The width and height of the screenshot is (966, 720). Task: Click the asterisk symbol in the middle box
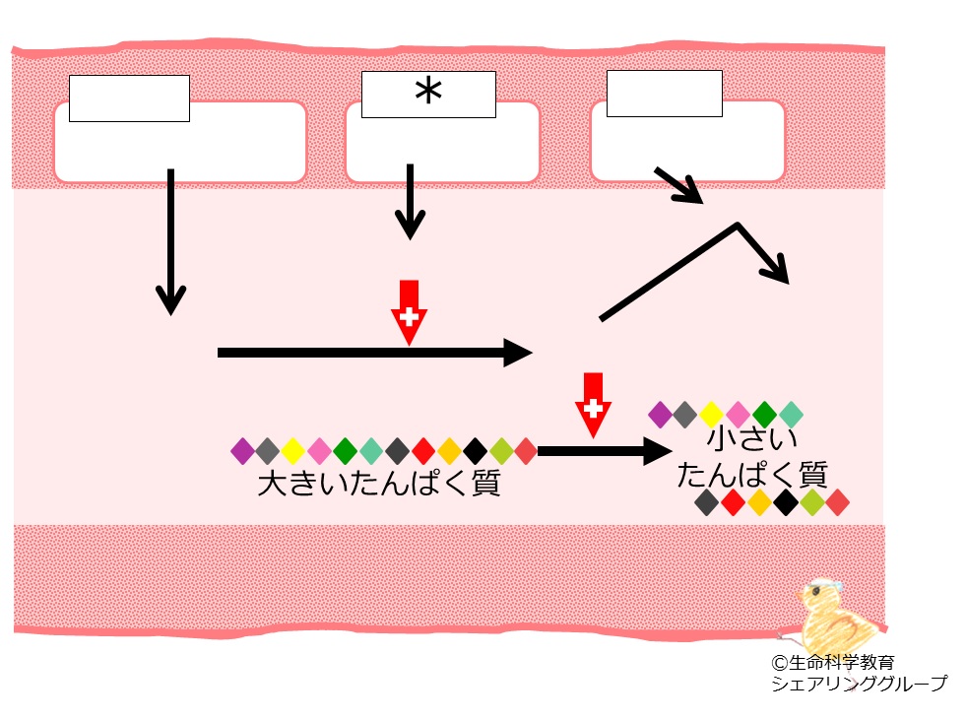(x=428, y=93)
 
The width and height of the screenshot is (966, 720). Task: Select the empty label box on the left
(x=129, y=98)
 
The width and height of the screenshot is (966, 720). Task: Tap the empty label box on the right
(x=664, y=94)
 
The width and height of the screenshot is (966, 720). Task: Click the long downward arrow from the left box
(x=170, y=241)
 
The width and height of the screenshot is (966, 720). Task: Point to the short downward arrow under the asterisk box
(x=410, y=202)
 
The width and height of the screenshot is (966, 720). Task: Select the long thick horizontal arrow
(x=374, y=353)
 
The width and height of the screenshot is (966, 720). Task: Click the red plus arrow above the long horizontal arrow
(x=409, y=312)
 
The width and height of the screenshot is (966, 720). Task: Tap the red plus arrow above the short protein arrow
(x=593, y=405)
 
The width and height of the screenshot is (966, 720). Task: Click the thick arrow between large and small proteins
(x=605, y=451)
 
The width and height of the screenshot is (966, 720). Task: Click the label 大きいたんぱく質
(x=378, y=483)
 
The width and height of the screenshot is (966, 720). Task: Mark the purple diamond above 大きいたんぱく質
(x=242, y=451)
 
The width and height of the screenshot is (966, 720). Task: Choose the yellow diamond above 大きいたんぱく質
(x=293, y=451)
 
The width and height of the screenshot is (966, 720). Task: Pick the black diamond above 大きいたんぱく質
(x=475, y=451)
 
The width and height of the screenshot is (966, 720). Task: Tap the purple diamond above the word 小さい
(x=660, y=415)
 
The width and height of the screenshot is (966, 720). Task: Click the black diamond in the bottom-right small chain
(x=786, y=502)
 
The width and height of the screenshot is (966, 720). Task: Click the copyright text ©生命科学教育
(x=833, y=663)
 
